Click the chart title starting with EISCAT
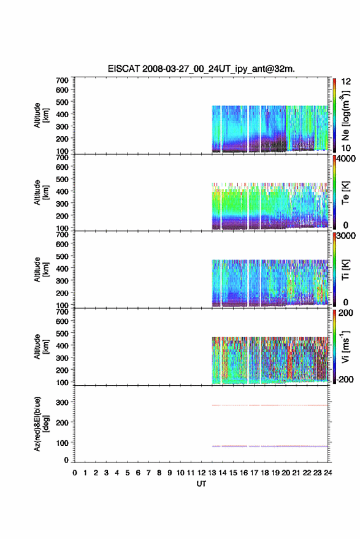tap(201, 69)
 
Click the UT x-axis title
tap(201, 484)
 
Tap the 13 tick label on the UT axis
tap(212, 473)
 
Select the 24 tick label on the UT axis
tap(327, 473)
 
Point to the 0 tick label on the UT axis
tap(75, 473)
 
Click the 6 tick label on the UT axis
tap(138, 473)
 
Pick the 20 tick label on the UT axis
tap(286, 473)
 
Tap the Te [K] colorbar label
tap(345, 193)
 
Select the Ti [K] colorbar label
tap(345, 270)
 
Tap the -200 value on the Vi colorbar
tap(345, 379)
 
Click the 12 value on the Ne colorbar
tap(346, 82)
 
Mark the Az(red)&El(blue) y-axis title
tap(40, 424)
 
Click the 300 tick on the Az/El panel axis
tap(62, 402)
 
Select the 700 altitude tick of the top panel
tap(62, 80)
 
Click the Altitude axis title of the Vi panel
tap(41, 346)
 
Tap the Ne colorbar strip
tap(334, 115)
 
